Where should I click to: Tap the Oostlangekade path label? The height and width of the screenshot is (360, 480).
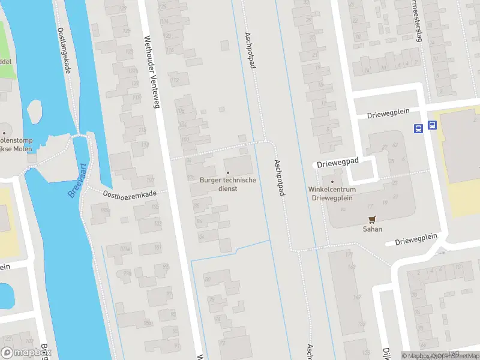pos(64,51)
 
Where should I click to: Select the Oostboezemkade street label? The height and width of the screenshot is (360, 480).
pos(130,194)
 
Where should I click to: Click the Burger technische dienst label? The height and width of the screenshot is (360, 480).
pos(228,184)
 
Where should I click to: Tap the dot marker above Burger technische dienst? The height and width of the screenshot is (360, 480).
pos(228,173)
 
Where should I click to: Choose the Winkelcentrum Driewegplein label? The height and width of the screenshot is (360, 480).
pos(332,193)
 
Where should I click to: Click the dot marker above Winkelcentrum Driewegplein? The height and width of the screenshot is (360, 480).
pos(332,181)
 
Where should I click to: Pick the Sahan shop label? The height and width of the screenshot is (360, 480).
pos(372,229)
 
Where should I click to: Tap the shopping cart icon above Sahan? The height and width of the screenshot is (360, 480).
pos(372,220)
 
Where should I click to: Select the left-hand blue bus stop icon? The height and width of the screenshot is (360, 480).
pos(418,127)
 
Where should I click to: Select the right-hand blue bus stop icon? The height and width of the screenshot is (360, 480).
pos(432,126)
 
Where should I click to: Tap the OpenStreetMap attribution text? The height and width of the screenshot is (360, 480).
pos(450,356)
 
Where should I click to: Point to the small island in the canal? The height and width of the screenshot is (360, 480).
pos(35,110)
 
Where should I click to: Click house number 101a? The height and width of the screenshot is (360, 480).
pos(125,248)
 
